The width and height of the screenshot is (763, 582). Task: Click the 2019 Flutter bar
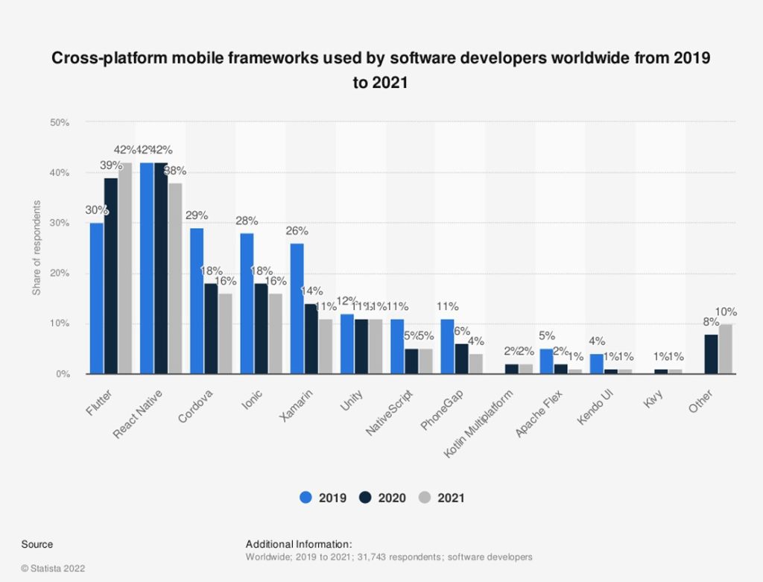[x=97, y=298]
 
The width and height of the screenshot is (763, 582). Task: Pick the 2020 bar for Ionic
[x=261, y=328]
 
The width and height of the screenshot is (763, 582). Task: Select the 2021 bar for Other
[x=725, y=349]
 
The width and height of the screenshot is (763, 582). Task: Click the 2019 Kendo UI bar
[x=597, y=364]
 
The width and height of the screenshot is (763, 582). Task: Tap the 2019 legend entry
[x=323, y=498]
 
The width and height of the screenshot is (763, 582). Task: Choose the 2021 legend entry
[x=443, y=498]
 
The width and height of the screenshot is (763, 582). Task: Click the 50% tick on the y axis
[x=60, y=122]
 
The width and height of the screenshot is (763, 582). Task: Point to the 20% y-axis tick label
[x=60, y=273]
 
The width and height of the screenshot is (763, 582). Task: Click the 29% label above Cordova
[x=197, y=215]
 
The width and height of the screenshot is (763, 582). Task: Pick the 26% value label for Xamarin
[x=297, y=230]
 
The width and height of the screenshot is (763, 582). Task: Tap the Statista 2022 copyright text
[x=53, y=568]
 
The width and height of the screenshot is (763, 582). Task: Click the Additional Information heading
[x=298, y=544]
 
